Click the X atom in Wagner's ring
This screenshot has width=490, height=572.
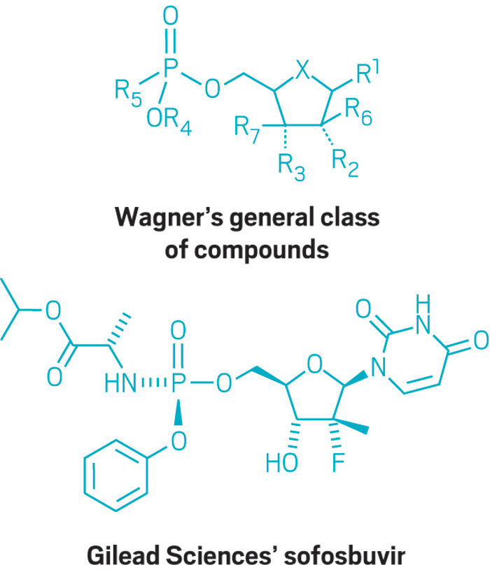(x=302, y=69)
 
